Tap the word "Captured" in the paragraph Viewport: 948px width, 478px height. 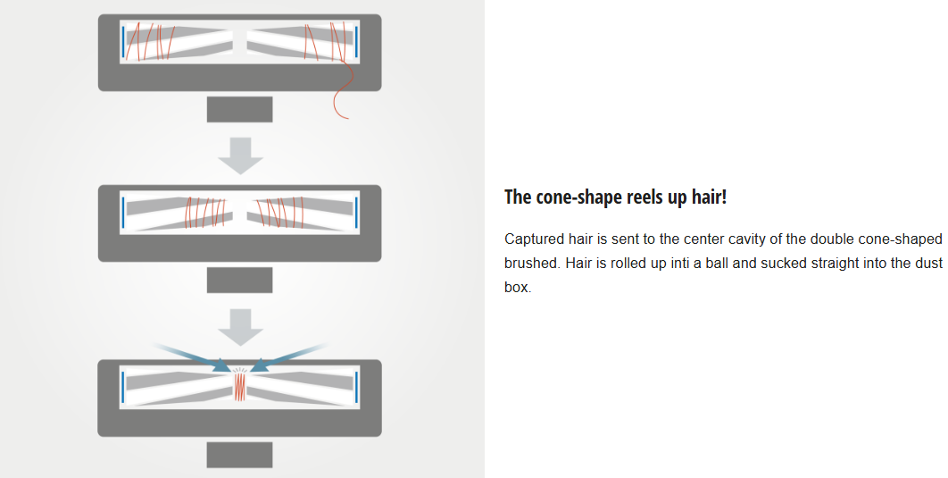[534, 239]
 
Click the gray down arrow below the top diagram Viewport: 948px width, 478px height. [240, 155]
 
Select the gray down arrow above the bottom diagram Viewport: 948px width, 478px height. [240, 326]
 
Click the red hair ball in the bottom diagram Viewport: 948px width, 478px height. [239, 387]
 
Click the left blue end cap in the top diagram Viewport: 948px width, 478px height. [122, 41]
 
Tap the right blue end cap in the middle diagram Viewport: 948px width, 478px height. [356, 213]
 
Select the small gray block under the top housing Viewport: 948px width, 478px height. [239, 109]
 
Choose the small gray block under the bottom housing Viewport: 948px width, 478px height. [239, 454]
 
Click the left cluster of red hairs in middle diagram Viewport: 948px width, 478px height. [204, 213]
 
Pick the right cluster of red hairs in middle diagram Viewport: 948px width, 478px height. [273, 213]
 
